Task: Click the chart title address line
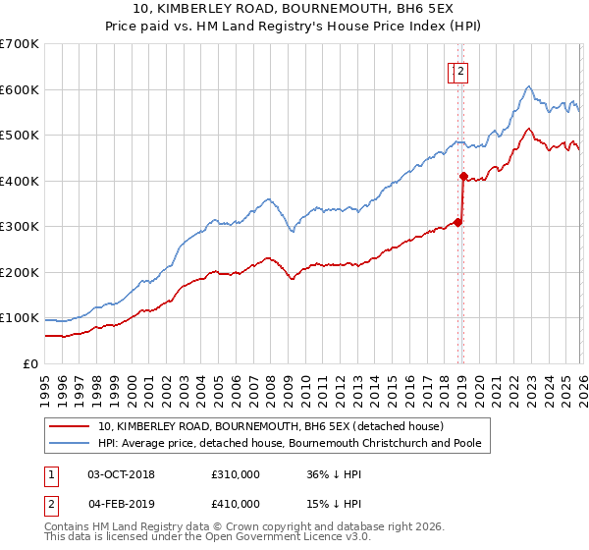(x=294, y=10)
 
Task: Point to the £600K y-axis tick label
(x=20, y=89)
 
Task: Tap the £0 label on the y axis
(x=30, y=364)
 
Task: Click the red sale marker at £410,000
(x=463, y=176)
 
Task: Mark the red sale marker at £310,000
(x=457, y=222)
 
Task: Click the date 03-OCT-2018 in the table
(x=121, y=474)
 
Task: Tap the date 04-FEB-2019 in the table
(x=121, y=504)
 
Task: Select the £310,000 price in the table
(x=236, y=474)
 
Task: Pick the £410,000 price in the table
(x=236, y=504)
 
